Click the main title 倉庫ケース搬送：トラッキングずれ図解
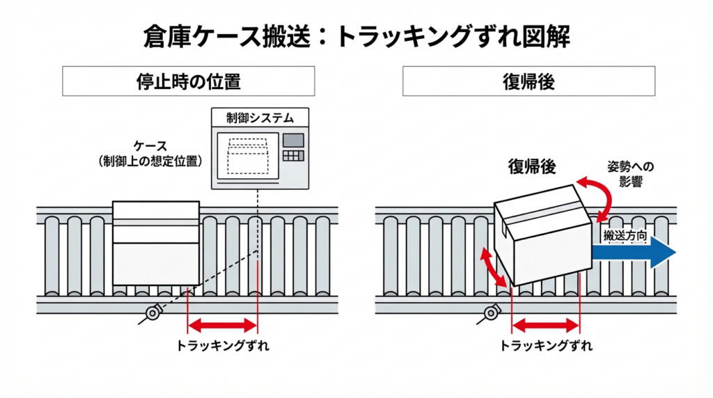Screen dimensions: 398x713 coord(356,36)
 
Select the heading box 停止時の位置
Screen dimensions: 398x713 coord(188,81)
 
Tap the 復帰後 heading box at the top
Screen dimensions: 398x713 coord(528,81)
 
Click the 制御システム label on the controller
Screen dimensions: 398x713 coord(260,118)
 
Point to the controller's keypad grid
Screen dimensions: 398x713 coord(294,155)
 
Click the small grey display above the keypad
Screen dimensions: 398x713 coord(293,138)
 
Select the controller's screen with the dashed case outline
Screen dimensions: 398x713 coord(247,156)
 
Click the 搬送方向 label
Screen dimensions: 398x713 coord(625,236)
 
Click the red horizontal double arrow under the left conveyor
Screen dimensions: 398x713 coord(222,324)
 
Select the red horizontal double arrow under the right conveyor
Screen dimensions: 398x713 coord(545,324)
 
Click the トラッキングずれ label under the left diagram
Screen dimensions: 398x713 coord(222,345)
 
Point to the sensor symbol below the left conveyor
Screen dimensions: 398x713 coord(152,312)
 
